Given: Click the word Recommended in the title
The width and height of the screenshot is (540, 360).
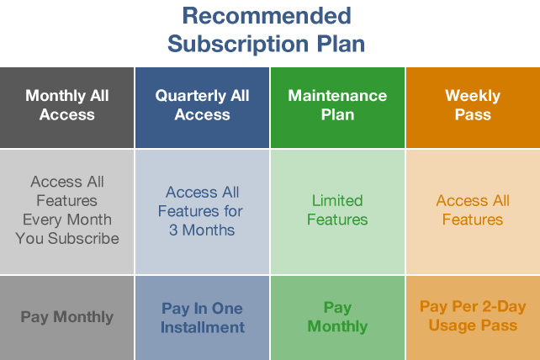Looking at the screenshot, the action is pos(267,16).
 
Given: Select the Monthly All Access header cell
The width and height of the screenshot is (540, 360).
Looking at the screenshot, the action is pos(66,108).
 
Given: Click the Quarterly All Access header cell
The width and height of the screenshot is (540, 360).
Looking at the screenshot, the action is pos(202,108).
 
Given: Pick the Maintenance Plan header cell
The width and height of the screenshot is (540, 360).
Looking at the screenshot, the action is pos(337,108).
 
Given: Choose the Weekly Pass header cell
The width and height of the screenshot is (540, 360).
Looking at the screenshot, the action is pos(474,108).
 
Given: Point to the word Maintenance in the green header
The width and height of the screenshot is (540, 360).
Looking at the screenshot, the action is pos(337,96).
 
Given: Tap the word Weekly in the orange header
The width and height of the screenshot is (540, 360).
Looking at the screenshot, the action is pos(473,96).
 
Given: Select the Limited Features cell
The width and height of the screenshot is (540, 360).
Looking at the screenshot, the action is pos(337,211).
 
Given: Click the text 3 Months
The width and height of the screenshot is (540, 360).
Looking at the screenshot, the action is pos(202,230).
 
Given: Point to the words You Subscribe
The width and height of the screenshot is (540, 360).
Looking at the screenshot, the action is pos(67,238).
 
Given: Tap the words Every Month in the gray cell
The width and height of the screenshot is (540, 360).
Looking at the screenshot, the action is pos(67,220).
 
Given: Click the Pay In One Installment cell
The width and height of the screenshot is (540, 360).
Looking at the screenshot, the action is pos(202,318).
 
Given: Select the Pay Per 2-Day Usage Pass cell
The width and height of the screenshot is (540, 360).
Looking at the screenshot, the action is pos(474,318).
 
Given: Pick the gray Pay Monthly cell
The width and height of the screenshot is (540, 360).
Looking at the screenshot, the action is pos(66,318).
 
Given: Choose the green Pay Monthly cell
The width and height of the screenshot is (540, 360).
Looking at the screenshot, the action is pos(337,318).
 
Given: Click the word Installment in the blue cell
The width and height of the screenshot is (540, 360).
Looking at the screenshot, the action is pos(203,327).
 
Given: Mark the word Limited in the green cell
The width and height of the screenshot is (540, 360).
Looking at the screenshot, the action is pos(337,201).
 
